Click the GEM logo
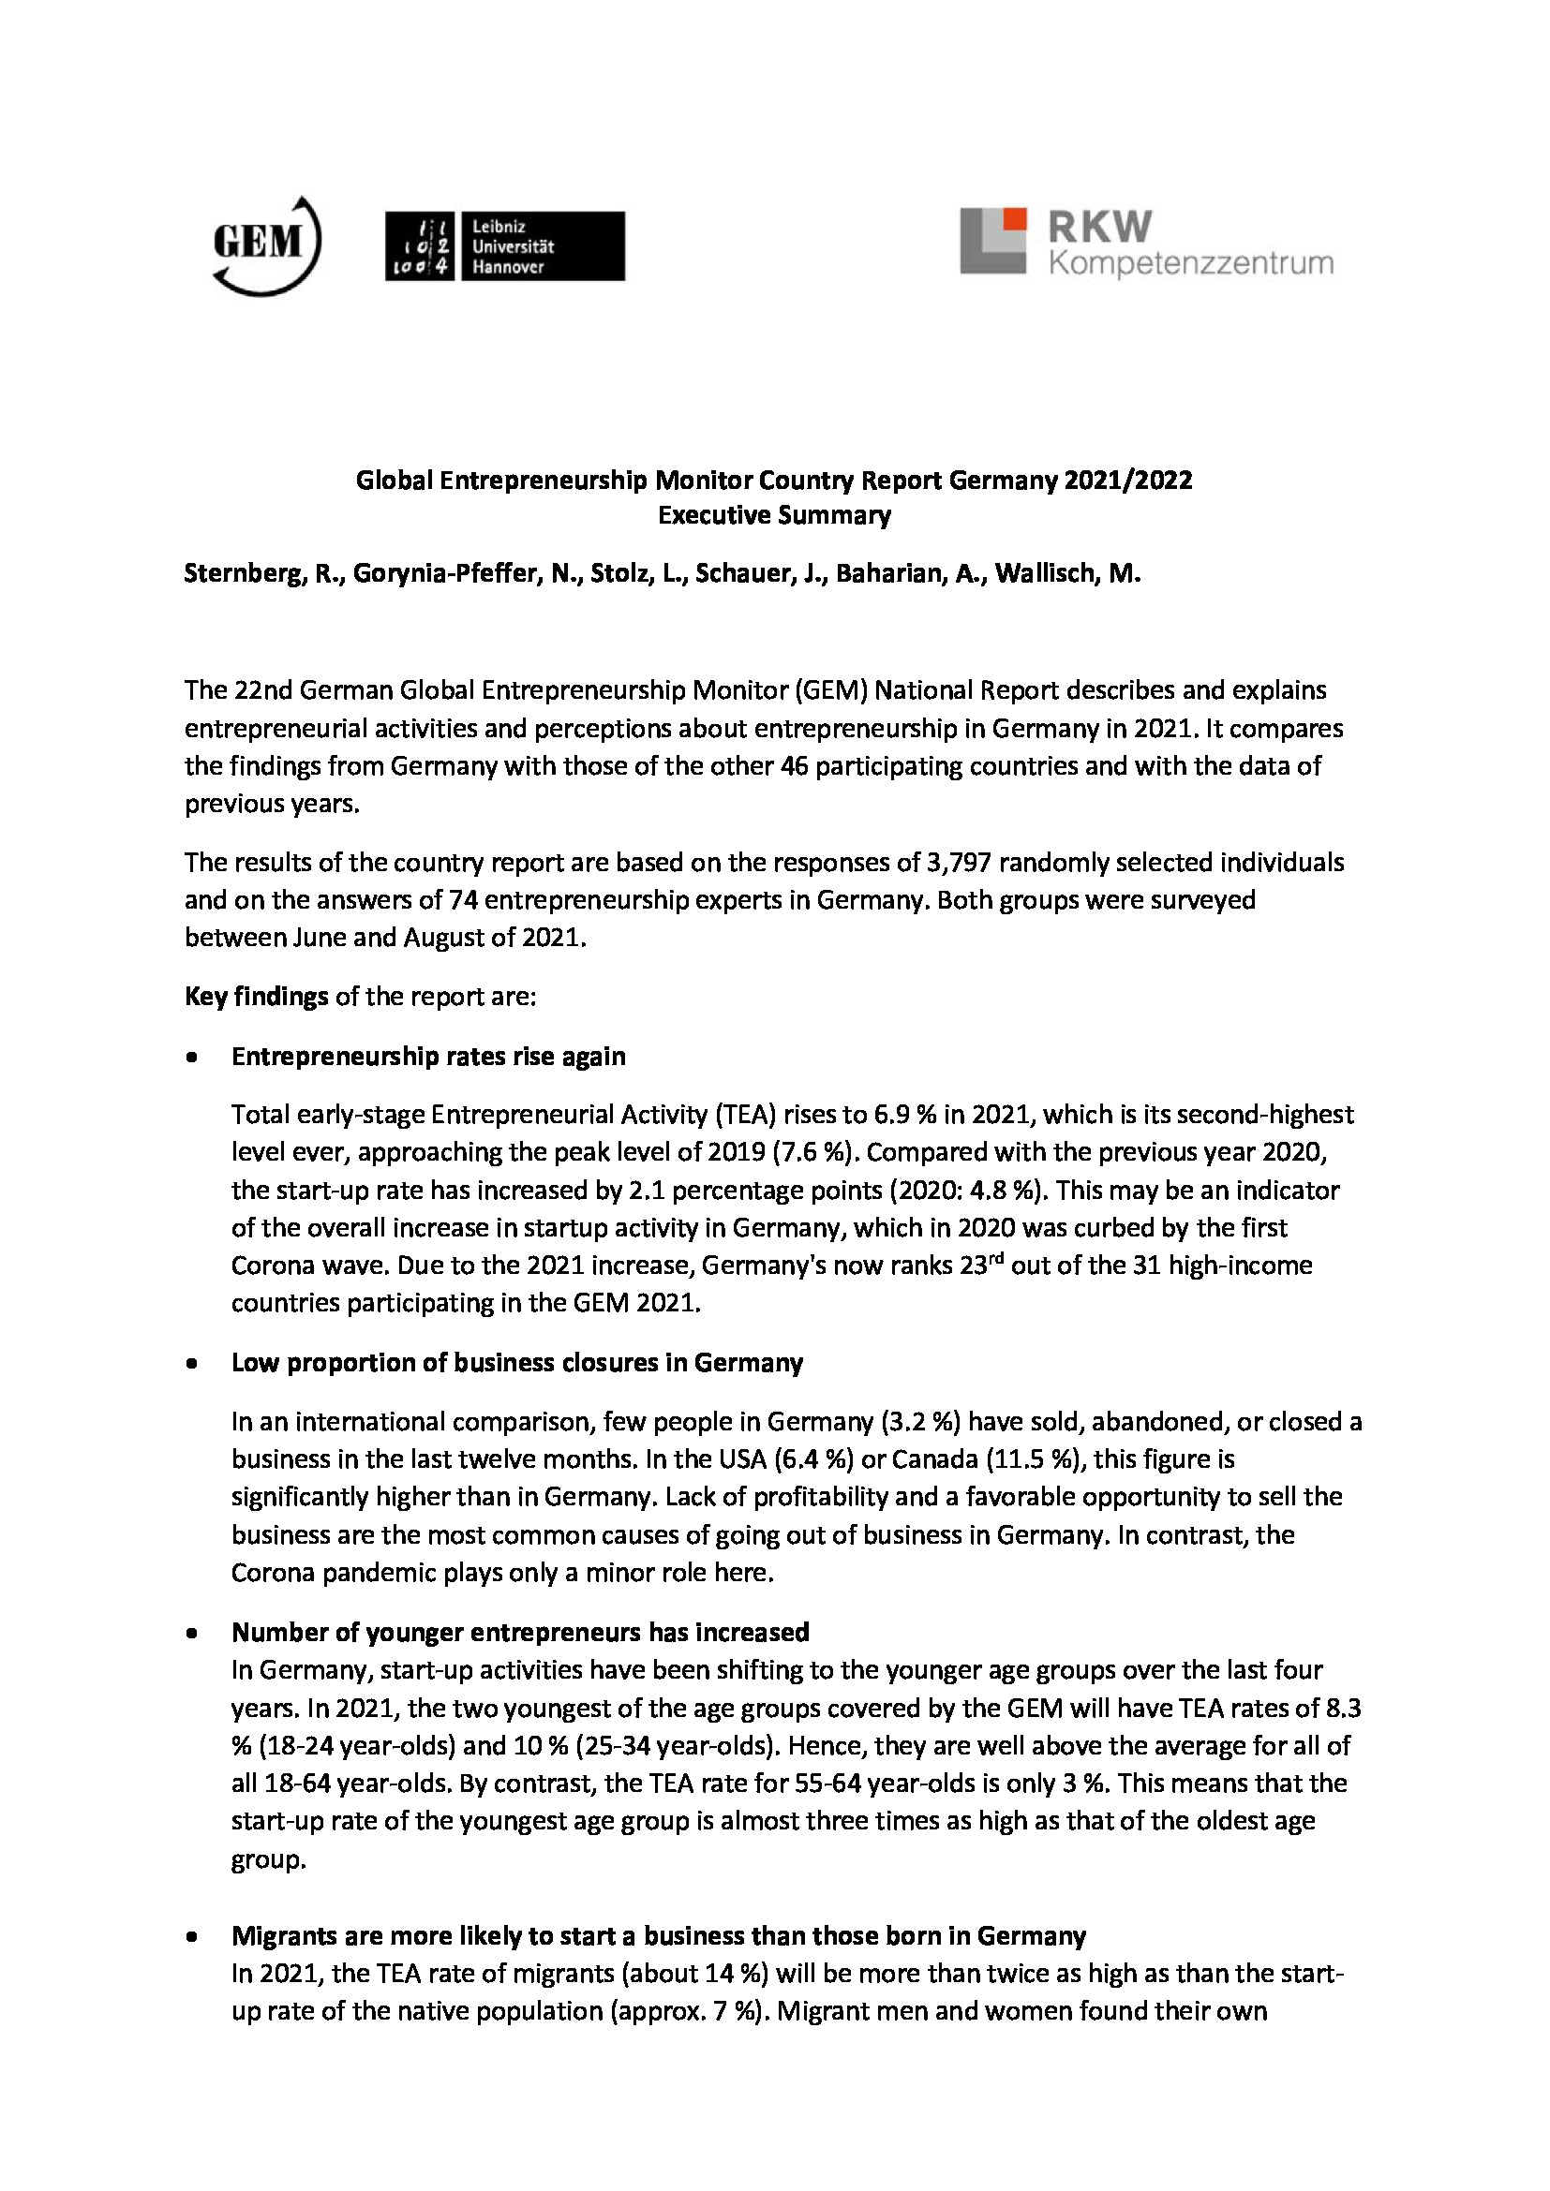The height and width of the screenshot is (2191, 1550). [x=265, y=246]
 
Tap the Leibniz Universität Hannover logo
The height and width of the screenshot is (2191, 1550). [x=504, y=246]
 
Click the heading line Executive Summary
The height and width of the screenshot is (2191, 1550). [x=774, y=515]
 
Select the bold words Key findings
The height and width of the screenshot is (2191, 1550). [x=256, y=997]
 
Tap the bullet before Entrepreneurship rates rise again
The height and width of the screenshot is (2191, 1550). [x=193, y=1058]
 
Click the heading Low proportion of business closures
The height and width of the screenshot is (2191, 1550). [x=516, y=1363]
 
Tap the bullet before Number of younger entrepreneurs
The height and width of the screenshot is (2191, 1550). [x=193, y=1633]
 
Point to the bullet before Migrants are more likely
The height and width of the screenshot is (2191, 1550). [x=193, y=1937]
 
